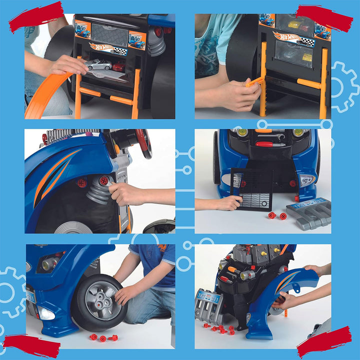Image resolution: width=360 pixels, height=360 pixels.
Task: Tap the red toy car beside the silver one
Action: (x=119, y=66)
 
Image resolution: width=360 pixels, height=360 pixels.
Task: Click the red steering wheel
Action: (x=143, y=142)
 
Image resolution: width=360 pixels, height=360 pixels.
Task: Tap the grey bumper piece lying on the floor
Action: (x=308, y=212)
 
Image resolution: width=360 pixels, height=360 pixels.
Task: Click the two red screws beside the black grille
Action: (x=278, y=215)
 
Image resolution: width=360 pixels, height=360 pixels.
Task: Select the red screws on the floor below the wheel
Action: (x=103, y=338)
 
